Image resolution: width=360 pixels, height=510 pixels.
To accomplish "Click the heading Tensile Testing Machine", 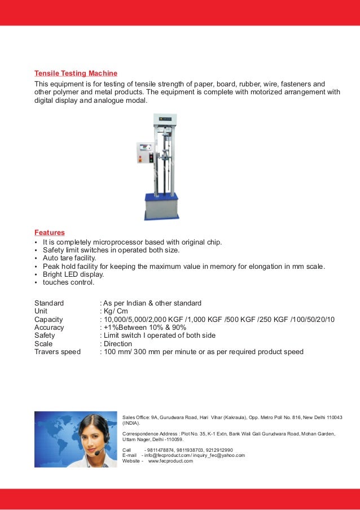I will (x=76, y=73).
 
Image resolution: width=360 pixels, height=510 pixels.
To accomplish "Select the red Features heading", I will (x=50, y=232).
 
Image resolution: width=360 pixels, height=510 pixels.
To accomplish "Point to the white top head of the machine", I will (x=164, y=119).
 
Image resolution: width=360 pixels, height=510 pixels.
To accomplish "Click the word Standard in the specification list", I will (x=49, y=303).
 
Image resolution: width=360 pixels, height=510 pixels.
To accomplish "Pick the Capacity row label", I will (x=49, y=319).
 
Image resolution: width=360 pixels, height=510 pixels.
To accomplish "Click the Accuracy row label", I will (x=49, y=327).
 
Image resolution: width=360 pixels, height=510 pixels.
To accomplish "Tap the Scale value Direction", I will (x=117, y=343).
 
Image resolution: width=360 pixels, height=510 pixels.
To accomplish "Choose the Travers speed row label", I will (x=58, y=351).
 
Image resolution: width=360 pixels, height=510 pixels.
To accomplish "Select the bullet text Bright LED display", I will (x=73, y=274).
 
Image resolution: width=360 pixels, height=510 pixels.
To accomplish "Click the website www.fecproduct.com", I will (x=170, y=461).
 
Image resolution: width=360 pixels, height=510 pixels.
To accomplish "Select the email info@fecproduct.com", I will (x=165, y=455).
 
